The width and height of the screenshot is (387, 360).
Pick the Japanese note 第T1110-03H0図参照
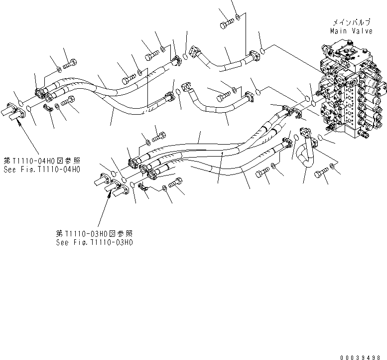tap(95, 234)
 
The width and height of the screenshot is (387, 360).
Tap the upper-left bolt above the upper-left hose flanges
tap(70, 62)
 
